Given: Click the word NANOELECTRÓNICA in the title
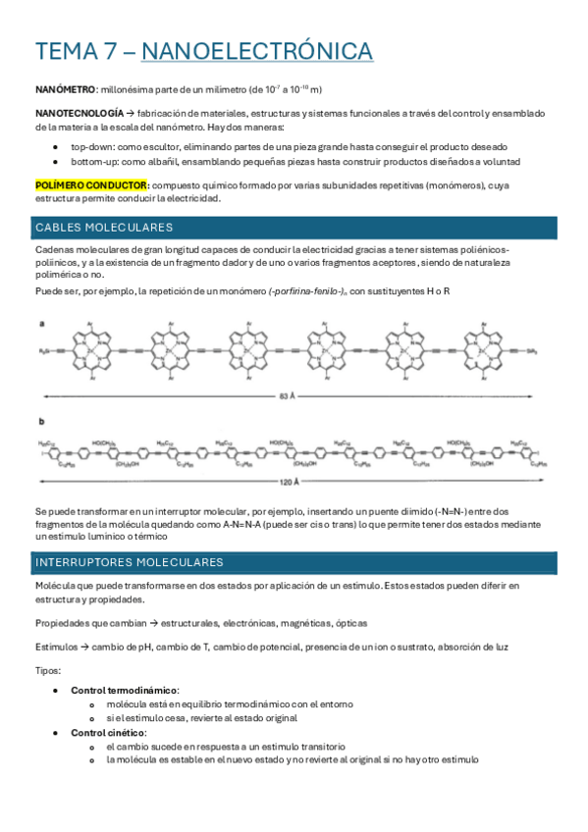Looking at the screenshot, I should coord(264,51).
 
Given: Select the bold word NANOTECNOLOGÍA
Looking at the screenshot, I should coord(80,114).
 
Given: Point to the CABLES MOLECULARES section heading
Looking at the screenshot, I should coord(104,228).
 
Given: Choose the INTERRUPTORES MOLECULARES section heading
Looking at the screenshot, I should coord(129,562).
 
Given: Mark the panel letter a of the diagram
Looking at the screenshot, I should coord(41,322).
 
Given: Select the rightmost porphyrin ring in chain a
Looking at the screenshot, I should coord(494,350).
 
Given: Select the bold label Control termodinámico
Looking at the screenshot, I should coord(125,691).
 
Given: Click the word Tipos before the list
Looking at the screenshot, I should coord(47,671).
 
